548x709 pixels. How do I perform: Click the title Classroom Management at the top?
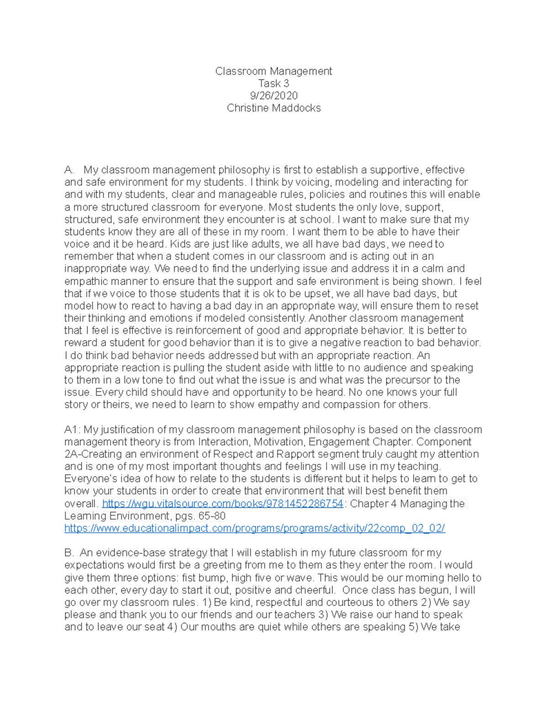pyautogui.click(x=274, y=71)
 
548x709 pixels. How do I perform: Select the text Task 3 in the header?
pyautogui.click(x=274, y=84)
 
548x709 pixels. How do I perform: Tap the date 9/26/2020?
pyautogui.click(x=274, y=96)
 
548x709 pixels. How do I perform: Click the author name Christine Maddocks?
pyautogui.click(x=274, y=108)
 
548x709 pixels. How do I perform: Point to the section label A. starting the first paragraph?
pyautogui.click(x=69, y=170)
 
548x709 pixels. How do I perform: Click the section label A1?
pyautogui.click(x=72, y=430)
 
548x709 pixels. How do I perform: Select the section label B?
pyautogui.click(x=69, y=553)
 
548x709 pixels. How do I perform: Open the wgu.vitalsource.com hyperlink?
pyautogui.click(x=222, y=504)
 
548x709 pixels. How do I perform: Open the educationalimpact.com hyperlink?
pyautogui.click(x=254, y=529)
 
